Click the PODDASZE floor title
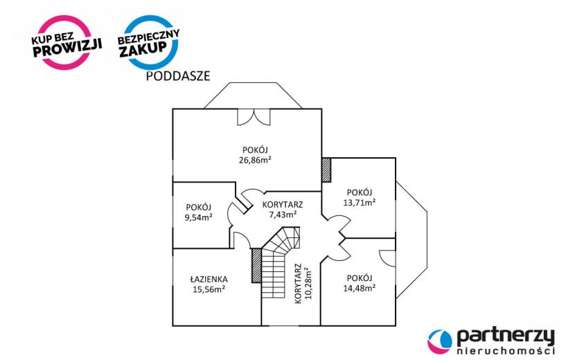[x=178, y=76]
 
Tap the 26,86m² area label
[x=255, y=160]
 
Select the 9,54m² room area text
[x=199, y=217]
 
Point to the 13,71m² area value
[x=360, y=202]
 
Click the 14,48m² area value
[x=360, y=288]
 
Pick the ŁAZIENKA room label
[x=209, y=280]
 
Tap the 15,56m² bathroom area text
[x=209, y=289]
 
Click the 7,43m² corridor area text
[x=283, y=215]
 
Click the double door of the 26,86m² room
[x=254, y=117]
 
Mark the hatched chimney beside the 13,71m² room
[x=326, y=170]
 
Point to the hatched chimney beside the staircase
[x=256, y=265]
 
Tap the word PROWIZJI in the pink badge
[x=67, y=48]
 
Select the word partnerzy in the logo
[x=506, y=337]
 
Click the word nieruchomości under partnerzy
[x=506, y=351]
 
